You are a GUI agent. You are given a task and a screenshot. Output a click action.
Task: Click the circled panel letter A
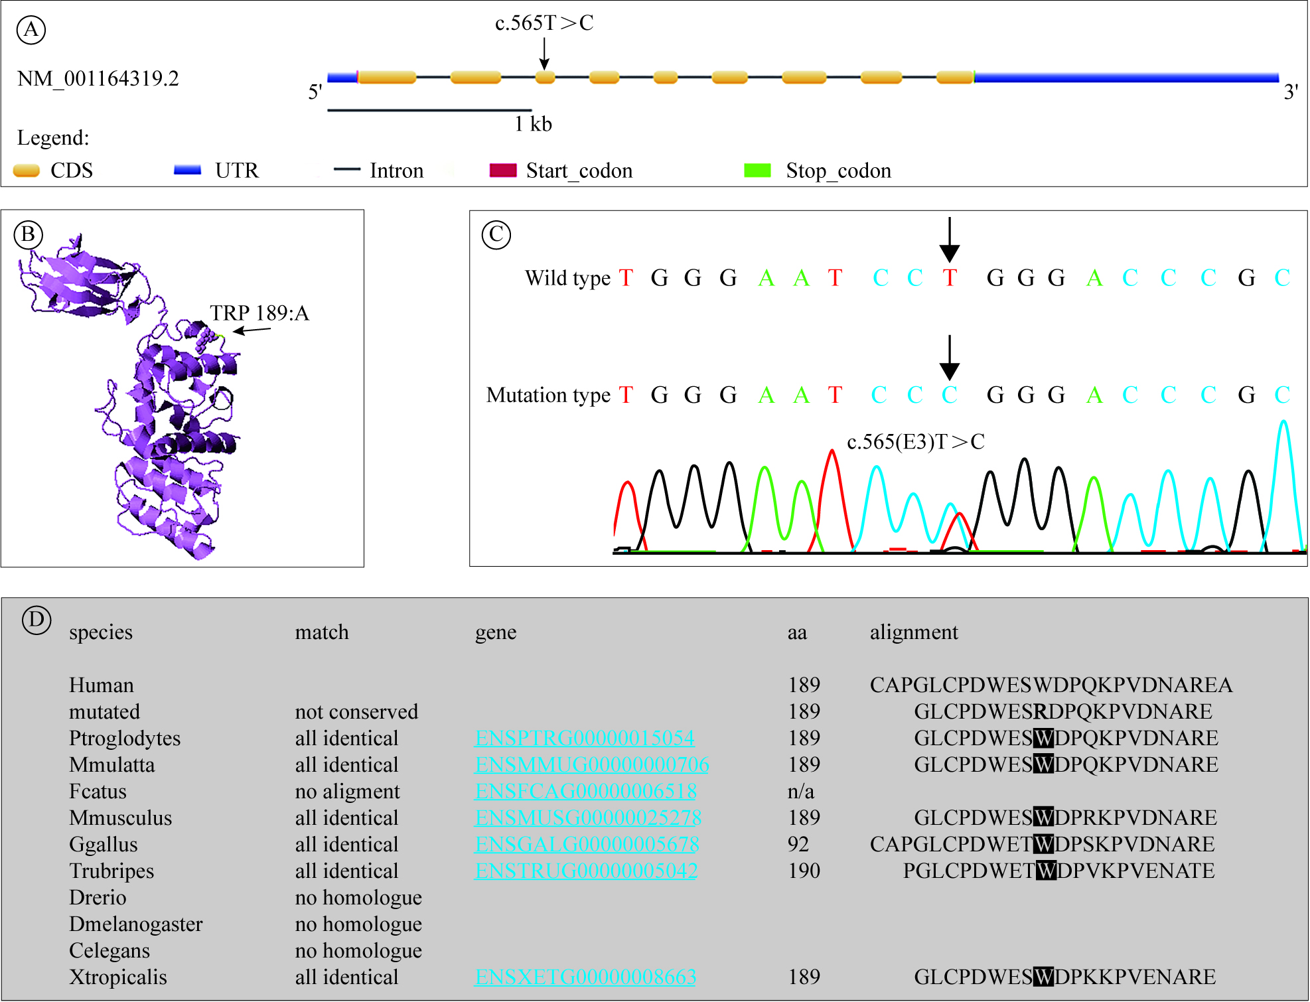point(31,30)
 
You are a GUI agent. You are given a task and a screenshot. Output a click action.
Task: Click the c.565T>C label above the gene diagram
point(544,23)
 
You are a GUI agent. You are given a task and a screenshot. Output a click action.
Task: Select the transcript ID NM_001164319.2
point(98,79)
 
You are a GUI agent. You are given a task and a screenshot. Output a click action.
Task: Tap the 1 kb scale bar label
point(533,124)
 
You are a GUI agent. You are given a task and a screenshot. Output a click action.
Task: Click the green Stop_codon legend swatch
point(757,171)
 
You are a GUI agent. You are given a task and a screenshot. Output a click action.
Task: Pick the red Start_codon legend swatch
point(502,171)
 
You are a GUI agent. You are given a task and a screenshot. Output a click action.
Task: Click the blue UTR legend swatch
point(187,171)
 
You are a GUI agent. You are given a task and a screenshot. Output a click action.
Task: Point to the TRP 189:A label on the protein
point(259,313)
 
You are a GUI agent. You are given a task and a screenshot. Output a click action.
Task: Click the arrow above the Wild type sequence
point(949,240)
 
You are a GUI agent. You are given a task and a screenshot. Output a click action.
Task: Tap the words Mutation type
point(548,395)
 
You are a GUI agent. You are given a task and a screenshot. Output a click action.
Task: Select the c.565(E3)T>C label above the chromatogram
point(915,442)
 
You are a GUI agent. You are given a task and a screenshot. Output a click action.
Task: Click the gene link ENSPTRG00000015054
point(585,738)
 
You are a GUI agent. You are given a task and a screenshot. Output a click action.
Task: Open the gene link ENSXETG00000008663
point(585,977)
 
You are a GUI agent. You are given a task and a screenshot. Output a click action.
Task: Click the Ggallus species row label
point(104,844)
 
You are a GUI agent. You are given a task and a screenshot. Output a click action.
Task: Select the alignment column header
point(914,632)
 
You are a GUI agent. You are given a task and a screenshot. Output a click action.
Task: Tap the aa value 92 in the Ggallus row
point(798,844)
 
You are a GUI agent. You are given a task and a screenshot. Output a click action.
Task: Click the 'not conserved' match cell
point(356,711)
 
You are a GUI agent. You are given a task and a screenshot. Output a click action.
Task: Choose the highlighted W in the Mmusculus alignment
point(1043,818)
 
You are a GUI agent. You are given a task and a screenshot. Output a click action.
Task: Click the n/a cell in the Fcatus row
point(800,791)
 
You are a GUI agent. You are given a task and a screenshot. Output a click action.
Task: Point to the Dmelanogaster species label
point(136,924)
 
